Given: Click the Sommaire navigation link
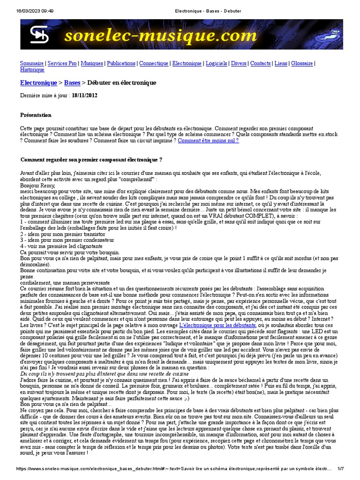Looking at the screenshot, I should (x=32, y=63).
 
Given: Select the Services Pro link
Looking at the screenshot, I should (x=62, y=63).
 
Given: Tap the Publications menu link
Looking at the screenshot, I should (x=121, y=63).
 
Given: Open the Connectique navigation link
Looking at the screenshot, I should (x=154, y=63).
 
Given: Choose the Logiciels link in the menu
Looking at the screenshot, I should (x=216, y=63).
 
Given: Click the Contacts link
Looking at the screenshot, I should (x=260, y=63).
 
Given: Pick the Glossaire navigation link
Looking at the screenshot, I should (x=302, y=63).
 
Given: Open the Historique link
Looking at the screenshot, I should (x=32, y=70).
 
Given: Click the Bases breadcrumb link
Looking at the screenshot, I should (x=72, y=83).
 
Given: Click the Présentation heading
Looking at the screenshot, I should (x=36, y=115).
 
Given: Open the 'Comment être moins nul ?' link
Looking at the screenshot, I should (x=208, y=140).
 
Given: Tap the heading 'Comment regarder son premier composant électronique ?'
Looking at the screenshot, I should (x=91, y=160).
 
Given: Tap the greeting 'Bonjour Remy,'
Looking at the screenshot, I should (x=37, y=186).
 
